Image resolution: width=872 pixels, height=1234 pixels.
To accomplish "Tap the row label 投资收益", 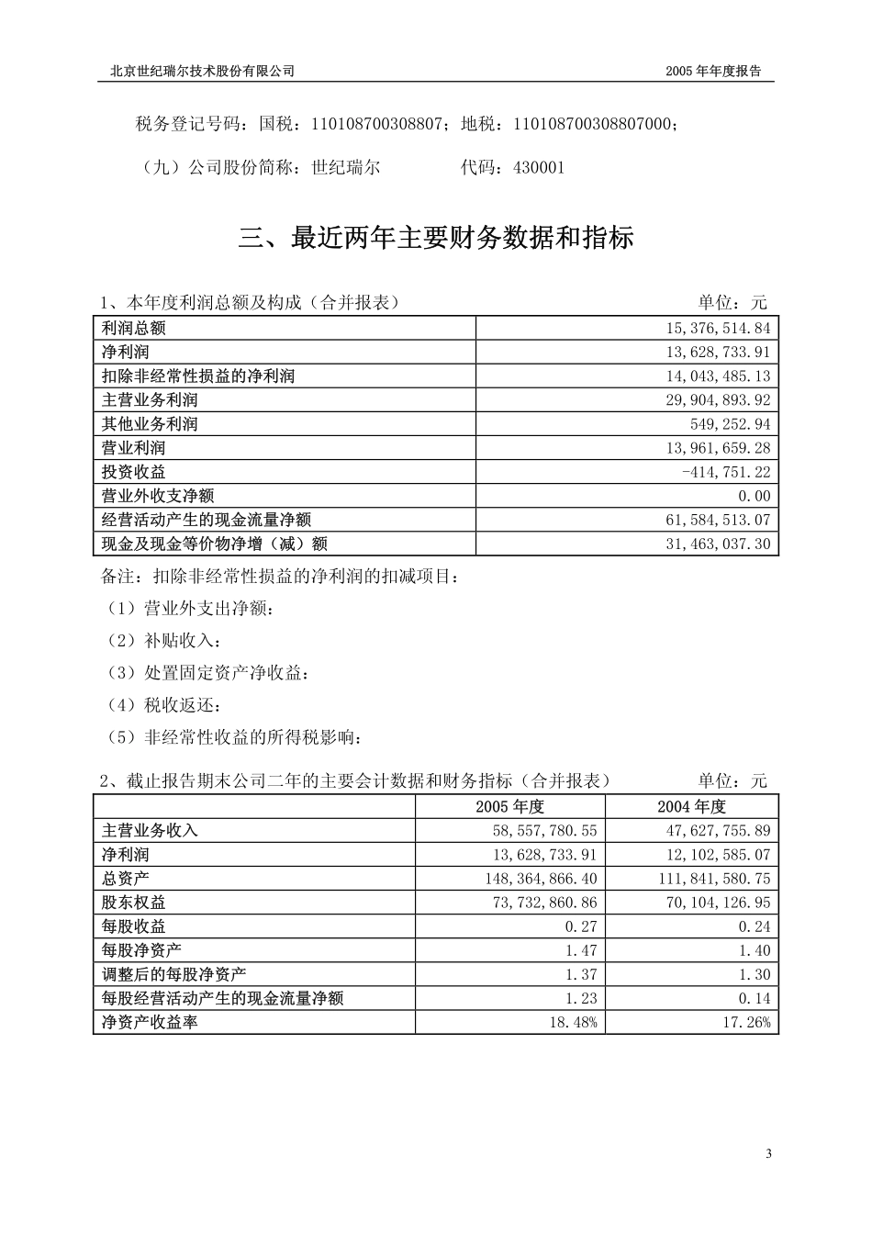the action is point(134,472).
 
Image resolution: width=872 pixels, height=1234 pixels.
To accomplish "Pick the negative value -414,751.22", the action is point(727,472).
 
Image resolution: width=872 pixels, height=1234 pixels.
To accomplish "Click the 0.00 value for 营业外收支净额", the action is point(755,496).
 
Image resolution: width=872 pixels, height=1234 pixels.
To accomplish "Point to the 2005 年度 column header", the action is point(510,806).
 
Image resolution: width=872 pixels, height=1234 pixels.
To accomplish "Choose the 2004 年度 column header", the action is point(691,806).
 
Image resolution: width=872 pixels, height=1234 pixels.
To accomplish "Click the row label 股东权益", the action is point(134,903).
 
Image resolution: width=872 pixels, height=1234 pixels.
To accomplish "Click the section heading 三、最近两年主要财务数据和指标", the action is point(436,239).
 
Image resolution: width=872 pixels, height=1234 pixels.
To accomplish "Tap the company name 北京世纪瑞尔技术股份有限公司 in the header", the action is point(202,71).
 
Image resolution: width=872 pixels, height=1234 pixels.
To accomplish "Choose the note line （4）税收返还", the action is point(164,705).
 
